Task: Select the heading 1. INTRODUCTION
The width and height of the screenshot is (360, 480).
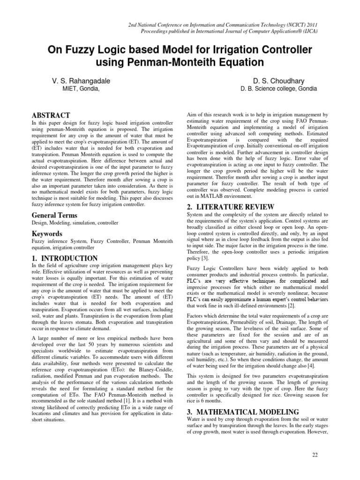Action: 64,258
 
